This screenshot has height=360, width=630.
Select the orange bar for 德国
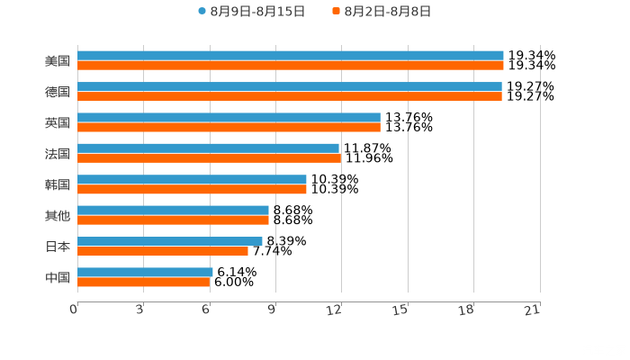[289, 96]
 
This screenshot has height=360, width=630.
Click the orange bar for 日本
[162, 251]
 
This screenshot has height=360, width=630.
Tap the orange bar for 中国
[143, 282]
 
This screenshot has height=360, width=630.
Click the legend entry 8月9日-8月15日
[252, 12]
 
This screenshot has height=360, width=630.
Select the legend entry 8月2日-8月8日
[382, 12]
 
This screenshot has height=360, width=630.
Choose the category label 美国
[58, 61]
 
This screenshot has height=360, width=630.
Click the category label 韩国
[58, 184]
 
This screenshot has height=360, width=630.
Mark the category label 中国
[58, 277]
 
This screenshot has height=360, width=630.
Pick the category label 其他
[58, 215]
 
